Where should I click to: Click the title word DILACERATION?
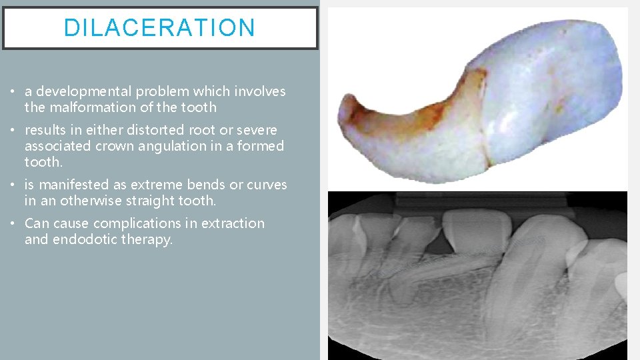159,28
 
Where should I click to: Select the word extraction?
233,223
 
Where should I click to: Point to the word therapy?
147,239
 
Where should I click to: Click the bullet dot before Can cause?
14,224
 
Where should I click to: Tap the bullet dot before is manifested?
14,185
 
